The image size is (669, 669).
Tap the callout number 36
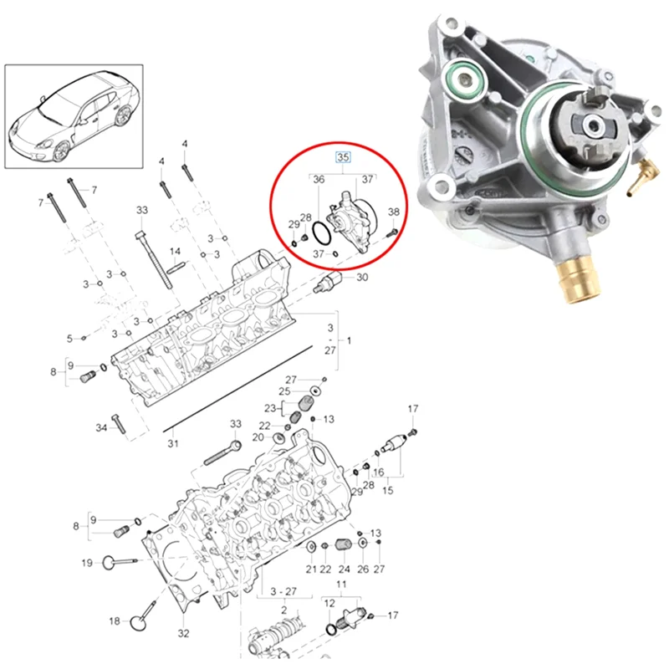pyautogui.click(x=319, y=180)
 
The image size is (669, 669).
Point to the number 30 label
pyautogui.click(x=362, y=278)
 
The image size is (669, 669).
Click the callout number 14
pyautogui.click(x=175, y=251)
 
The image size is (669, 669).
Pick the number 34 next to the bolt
pyautogui.click(x=101, y=428)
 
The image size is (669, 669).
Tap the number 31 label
pyautogui.click(x=172, y=443)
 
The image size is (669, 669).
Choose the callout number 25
pyautogui.click(x=284, y=391)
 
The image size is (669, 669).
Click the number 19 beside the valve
pyautogui.click(x=87, y=563)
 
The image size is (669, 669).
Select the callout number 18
pyautogui.click(x=115, y=620)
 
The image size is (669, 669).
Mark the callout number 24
pyautogui.click(x=344, y=569)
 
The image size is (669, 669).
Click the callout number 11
pyautogui.click(x=340, y=583)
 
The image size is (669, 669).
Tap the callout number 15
pyautogui.click(x=386, y=489)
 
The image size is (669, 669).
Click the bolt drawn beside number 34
pyautogui.click(x=119, y=425)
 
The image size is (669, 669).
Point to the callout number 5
pyautogui.click(x=70, y=338)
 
